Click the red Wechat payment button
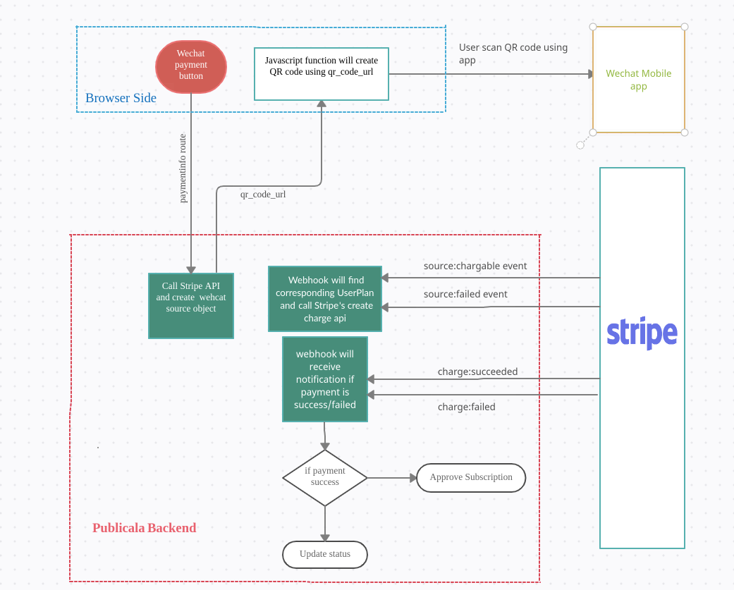point(190,66)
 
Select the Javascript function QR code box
point(322,73)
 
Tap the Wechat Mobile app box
point(638,80)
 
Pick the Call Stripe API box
point(190,305)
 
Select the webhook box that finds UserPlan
point(325,299)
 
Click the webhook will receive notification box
point(324,379)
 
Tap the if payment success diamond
point(325,477)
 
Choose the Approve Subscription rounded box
point(471,477)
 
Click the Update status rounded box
point(325,554)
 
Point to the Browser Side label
point(121,98)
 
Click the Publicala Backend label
point(144,528)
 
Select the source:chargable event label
point(475,266)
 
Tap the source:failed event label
point(465,294)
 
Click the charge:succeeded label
point(477,371)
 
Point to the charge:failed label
point(466,407)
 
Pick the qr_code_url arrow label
point(263,193)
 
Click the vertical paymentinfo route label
point(183,168)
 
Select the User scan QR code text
point(513,54)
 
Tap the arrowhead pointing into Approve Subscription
point(413,477)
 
